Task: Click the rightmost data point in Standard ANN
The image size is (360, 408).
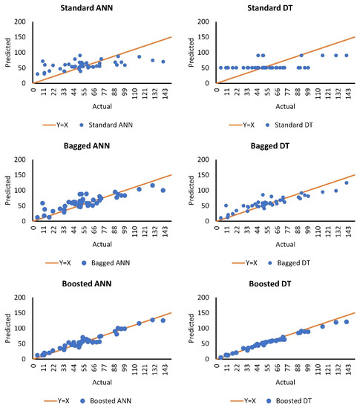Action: click(163, 62)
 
